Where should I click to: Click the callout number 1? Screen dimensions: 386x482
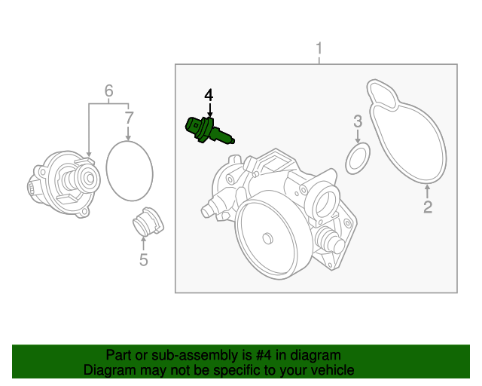coord(319,50)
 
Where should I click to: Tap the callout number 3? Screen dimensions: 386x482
coord(358,121)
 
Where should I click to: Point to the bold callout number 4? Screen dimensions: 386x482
coord(209,95)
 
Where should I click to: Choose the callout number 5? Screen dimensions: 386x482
coord(143,261)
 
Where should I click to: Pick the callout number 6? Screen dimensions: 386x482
coord(108,91)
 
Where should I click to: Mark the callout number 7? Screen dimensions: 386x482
coord(129,118)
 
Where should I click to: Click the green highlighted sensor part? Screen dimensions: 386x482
coord(206,131)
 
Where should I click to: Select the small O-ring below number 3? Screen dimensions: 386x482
coord(358,157)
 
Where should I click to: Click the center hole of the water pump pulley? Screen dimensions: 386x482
coord(266,239)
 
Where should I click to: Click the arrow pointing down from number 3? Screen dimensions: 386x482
coord(358,136)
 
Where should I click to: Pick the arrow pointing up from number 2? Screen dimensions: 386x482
coord(427,191)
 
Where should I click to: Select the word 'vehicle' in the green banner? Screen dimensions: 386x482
coord(332,370)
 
